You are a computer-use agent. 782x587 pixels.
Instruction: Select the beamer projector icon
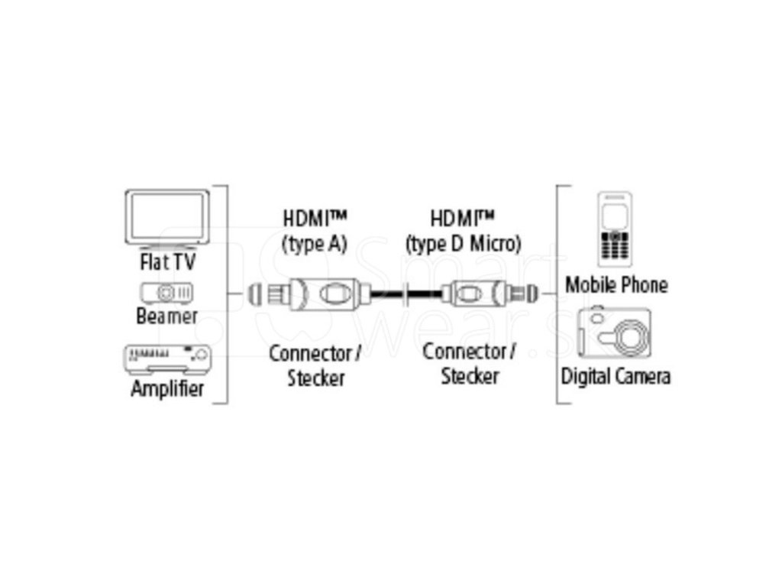166,292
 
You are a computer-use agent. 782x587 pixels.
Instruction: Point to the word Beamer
166,316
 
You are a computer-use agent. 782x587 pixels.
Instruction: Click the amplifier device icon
167,357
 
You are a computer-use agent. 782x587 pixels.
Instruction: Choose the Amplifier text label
167,388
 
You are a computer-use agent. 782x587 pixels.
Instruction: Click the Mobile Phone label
616,285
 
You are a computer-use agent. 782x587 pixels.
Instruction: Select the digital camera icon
615,333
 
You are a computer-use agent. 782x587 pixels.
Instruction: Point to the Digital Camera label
616,376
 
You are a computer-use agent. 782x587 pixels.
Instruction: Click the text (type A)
315,245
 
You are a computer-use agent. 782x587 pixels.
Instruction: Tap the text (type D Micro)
464,245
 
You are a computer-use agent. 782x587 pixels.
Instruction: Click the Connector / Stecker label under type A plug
315,365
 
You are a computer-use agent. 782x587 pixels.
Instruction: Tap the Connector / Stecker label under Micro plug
469,364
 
